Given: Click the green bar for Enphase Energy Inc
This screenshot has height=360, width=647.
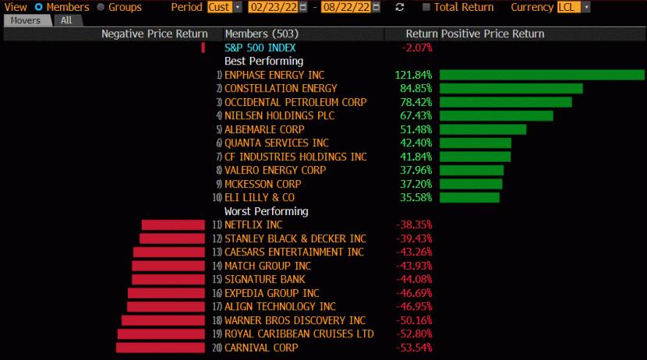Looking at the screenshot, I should [x=542, y=75].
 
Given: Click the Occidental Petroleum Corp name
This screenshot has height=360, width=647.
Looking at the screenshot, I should [x=295, y=102].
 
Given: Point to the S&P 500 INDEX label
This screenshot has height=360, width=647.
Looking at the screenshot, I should [x=260, y=48].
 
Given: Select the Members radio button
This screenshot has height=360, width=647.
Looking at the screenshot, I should [x=39, y=7].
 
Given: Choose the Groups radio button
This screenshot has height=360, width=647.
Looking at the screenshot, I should [x=101, y=7].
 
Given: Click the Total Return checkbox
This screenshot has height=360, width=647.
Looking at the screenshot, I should [x=426, y=7].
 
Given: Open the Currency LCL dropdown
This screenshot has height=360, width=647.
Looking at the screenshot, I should [x=574, y=7].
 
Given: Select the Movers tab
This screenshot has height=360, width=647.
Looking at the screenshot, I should [x=26, y=20].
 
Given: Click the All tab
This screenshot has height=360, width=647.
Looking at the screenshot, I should [x=66, y=20].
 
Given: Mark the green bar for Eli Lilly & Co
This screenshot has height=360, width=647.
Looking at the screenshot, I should [x=469, y=198].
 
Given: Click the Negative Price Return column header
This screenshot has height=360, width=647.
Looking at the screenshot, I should [x=154, y=34].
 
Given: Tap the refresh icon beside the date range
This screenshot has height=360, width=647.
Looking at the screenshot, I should [x=400, y=7].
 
